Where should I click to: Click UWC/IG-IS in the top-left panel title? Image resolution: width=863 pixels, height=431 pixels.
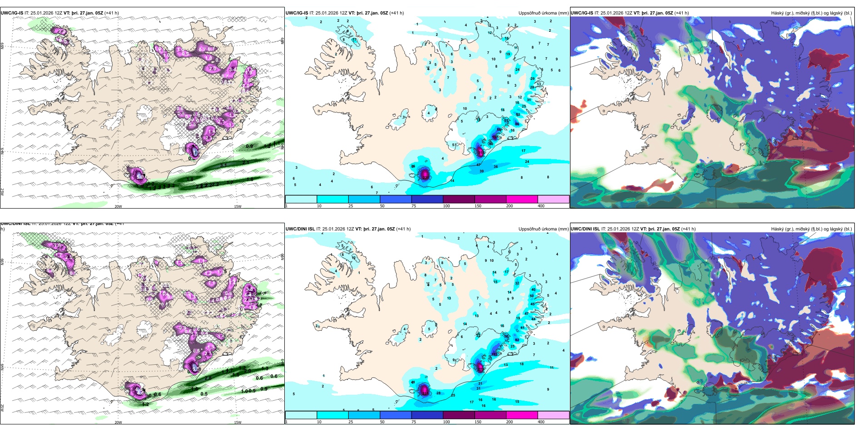tap(12, 13)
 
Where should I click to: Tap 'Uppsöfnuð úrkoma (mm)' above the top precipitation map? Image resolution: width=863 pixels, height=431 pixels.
tap(543, 13)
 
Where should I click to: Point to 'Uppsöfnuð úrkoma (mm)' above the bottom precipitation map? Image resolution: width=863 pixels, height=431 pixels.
tap(543, 229)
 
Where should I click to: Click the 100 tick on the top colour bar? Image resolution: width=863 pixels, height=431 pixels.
tap(446, 206)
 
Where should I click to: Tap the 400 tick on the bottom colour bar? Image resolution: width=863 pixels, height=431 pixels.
tap(541, 422)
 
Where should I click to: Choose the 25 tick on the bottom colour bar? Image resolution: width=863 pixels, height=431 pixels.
tap(350, 422)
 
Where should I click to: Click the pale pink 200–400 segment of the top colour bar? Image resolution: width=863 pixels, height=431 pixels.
tap(553, 199)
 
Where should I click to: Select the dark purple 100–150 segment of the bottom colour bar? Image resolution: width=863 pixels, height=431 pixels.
tap(459, 415)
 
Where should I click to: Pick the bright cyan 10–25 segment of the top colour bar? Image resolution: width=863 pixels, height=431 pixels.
tap(332, 199)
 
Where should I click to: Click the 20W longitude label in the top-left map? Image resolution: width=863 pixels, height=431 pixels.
tap(118, 206)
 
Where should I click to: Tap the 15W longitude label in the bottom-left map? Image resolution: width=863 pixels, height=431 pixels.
tap(238, 422)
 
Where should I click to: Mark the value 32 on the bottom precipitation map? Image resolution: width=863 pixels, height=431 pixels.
tap(517, 283)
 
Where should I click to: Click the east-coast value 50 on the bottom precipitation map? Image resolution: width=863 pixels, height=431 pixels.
tap(531, 296)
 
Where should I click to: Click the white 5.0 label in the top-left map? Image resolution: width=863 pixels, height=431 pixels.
tap(140, 177)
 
